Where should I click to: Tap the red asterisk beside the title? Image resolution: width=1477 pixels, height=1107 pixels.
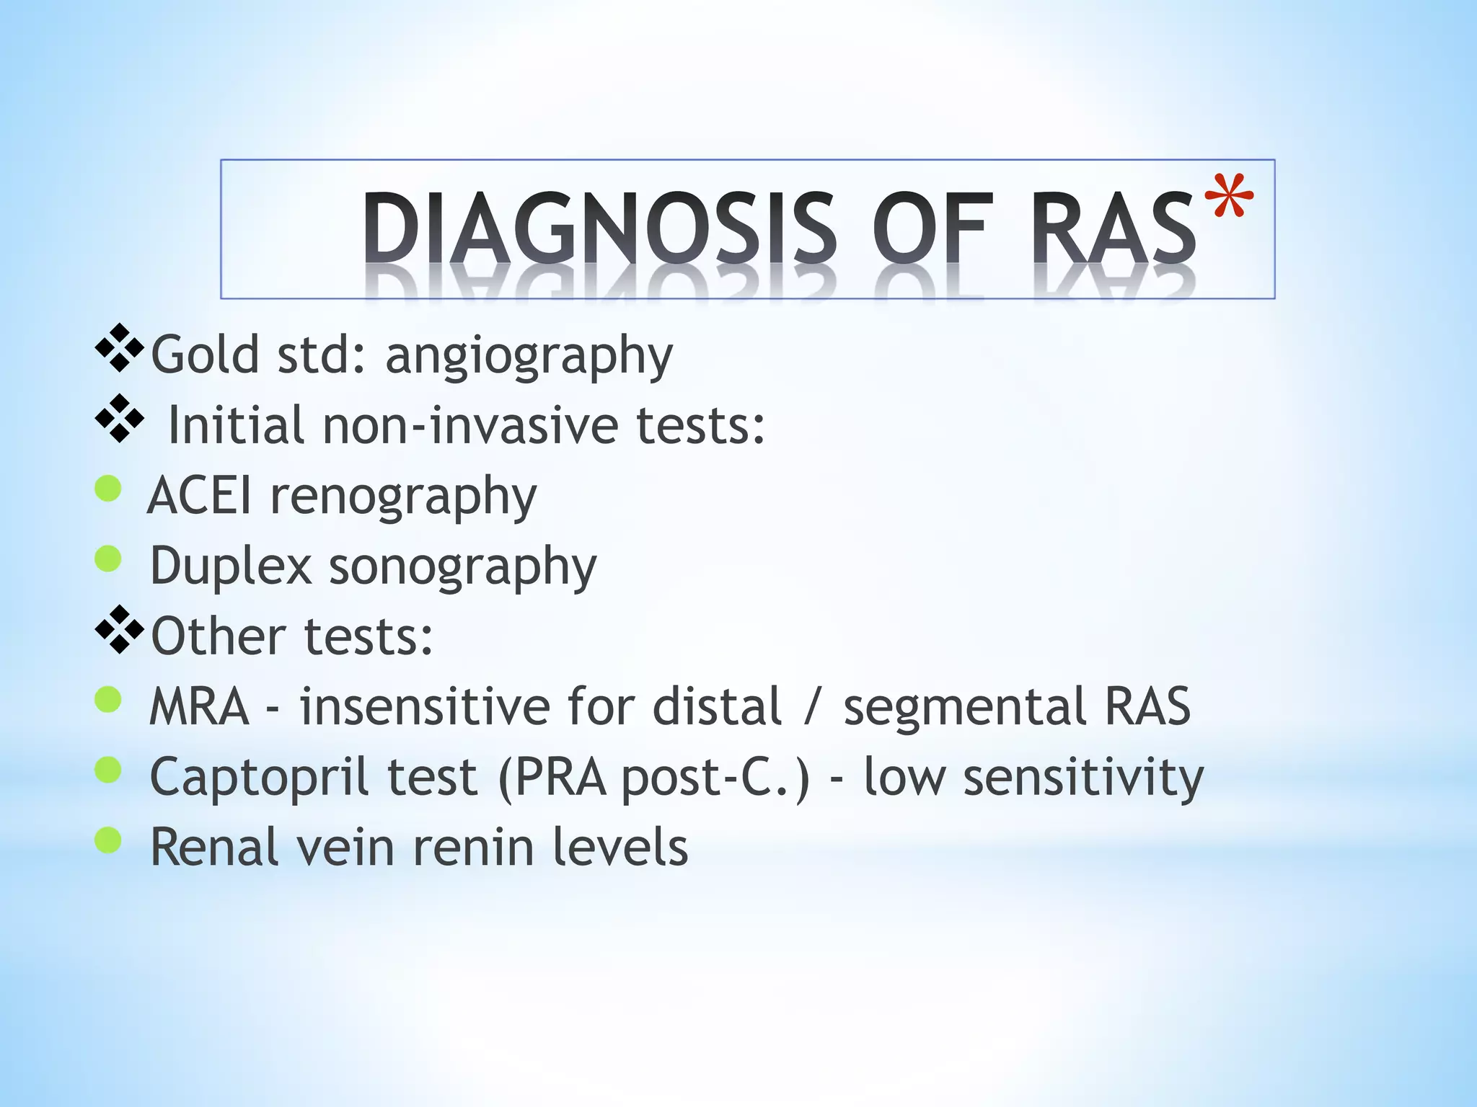tap(1233, 196)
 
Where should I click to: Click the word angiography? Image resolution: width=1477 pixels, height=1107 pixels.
tap(529, 355)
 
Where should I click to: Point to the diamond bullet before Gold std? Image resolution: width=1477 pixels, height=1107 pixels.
tap(119, 348)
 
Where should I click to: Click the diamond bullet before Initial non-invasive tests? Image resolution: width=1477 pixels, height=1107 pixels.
tap(119, 418)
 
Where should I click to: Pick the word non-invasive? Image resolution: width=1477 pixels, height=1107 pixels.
tap(470, 425)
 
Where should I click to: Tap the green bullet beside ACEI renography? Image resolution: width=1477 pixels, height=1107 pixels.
tap(108, 489)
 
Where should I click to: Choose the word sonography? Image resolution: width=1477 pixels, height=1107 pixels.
tap(463, 567)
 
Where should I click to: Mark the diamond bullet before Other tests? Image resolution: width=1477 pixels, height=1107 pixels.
tap(119, 630)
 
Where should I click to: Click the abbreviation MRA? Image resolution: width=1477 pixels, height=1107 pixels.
tap(199, 706)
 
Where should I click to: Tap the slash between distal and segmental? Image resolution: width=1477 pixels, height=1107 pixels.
tap(811, 706)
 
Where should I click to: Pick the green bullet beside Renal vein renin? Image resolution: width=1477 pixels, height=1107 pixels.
tap(108, 840)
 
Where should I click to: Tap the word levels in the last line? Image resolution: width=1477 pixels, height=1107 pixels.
tap(620, 848)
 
